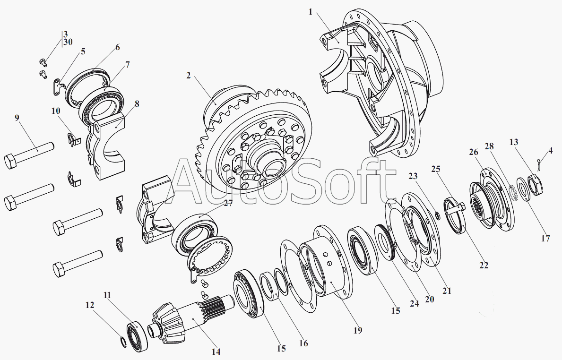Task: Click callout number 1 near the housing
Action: coord(311,12)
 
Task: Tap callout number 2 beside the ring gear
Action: coord(189,76)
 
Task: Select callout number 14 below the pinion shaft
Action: coord(216,351)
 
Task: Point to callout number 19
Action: coord(358,330)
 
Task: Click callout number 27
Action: coord(228,203)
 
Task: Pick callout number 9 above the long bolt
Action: coord(17,118)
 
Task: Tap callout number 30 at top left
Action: coord(68,42)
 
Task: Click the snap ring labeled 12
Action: coord(122,343)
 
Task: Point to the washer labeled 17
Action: coord(524,189)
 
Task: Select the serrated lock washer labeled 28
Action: coord(514,193)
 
